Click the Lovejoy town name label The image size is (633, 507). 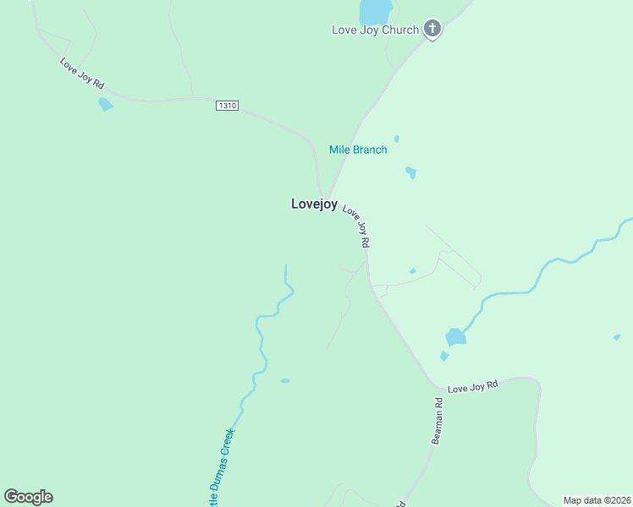(314, 204)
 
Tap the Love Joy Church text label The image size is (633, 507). (374, 30)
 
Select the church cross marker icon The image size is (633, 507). (432, 30)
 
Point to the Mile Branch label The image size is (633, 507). (358, 150)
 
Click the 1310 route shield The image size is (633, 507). (227, 106)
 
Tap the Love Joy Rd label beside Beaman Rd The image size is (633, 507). (472, 386)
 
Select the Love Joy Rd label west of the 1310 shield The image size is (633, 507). (81, 74)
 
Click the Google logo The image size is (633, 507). (28, 497)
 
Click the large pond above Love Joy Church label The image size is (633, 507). (376, 12)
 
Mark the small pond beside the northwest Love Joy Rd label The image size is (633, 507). (106, 105)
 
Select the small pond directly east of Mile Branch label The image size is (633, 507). (410, 172)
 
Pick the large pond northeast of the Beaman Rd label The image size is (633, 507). (455, 336)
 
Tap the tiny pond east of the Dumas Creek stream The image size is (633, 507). (285, 381)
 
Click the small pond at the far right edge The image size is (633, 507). (617, 337)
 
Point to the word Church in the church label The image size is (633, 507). (399, 30)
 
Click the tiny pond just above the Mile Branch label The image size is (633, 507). (396, 139)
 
